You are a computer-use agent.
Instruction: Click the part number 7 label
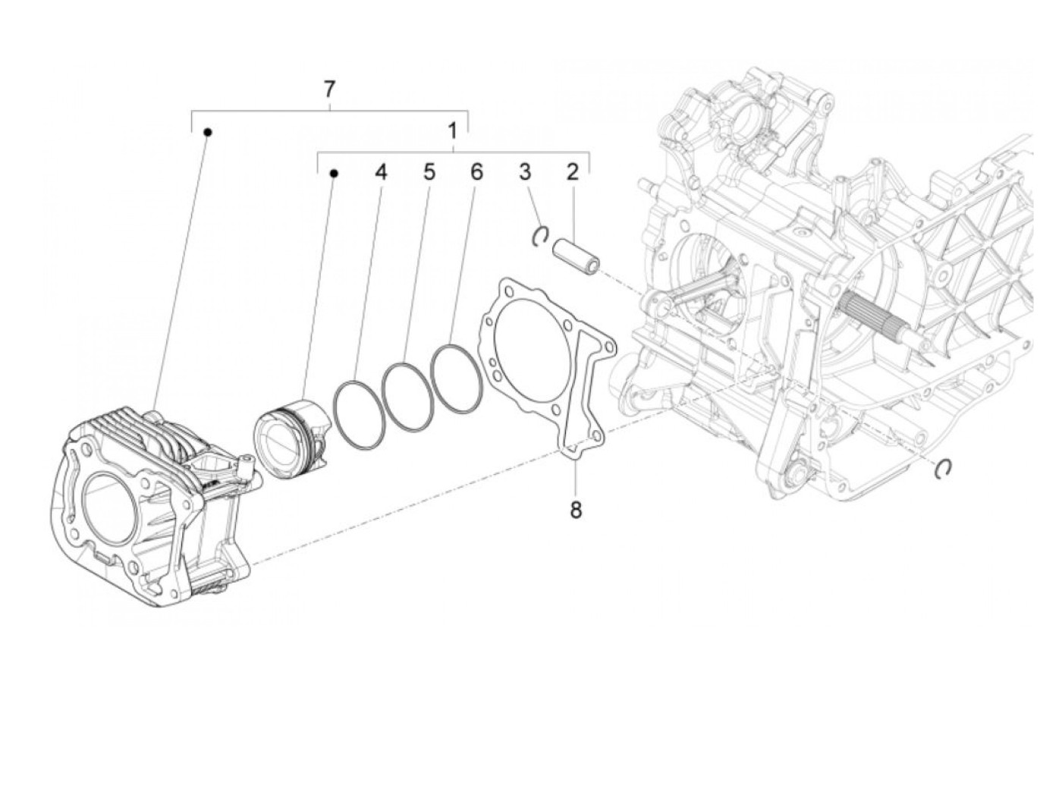(328, 90)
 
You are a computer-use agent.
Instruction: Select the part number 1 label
(452, 131)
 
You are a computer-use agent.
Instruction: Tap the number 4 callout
(380, 173)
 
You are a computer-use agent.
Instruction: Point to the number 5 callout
(429, 173)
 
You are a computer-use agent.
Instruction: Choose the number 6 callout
(476, 173)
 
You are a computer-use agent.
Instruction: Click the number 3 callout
(525, 171)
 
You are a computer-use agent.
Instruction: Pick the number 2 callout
(572, 171)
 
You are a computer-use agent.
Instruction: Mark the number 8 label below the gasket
(576, 511)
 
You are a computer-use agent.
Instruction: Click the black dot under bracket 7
(207, 132)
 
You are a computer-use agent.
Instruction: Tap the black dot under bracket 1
(333, 174)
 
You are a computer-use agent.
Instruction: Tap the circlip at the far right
(944, 470)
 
